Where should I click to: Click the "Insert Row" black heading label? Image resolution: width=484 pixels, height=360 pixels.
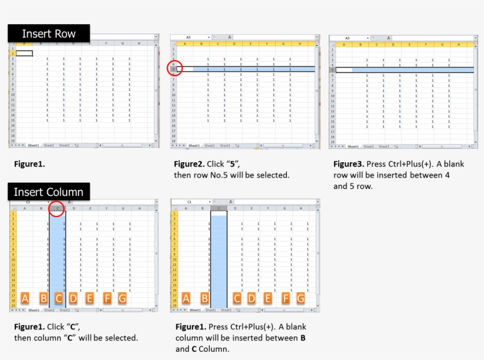[x=48, y=34]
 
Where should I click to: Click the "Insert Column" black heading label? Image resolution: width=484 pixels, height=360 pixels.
[x=48, y=192]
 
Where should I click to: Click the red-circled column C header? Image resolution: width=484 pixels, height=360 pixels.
[x=57, y=208]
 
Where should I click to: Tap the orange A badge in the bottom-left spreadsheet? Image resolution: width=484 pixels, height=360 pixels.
[x=25, y=299]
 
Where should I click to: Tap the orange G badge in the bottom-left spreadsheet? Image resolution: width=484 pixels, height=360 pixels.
[x=122, y=299]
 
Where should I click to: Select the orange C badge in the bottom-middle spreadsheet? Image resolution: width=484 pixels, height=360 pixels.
[x=237, y=299]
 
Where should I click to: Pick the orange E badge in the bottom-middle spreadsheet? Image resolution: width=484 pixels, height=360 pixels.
[x=267, y=299]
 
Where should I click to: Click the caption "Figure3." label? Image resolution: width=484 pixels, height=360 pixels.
[x=348, y=163]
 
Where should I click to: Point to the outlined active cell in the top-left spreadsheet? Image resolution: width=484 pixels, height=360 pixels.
[x=24, y=53]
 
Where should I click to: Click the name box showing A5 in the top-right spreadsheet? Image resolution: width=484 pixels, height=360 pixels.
[x=348, y=38]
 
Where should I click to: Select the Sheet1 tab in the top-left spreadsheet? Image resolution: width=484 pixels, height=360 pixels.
[x=33, y=145]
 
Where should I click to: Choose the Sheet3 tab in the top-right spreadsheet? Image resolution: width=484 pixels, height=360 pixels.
[x=384, y=146]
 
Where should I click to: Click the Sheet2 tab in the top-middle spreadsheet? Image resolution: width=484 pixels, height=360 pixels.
[x=209, y=145]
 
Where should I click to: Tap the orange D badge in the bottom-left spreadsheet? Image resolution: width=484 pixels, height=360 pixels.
[x=73, y=299]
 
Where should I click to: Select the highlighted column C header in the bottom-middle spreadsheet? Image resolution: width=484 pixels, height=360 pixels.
[x=219, y=208]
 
